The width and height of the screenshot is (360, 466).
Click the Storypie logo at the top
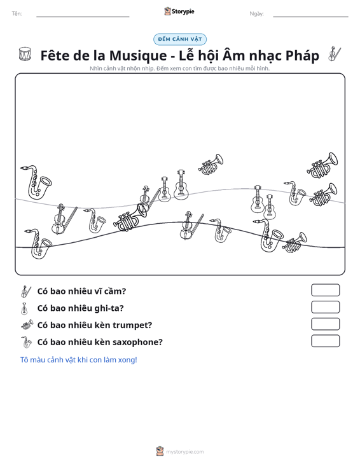[179, 11]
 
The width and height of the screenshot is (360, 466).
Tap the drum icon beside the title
[25, 54]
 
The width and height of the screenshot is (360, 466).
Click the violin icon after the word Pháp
[335, 53]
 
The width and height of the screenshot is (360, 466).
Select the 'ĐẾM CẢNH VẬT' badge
[180, 39]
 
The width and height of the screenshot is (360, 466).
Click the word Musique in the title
[138, 55]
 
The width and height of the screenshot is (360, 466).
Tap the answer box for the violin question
[325, 290]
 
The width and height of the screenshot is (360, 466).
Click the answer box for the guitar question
[325, 307]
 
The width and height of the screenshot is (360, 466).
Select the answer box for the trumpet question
[325, 324]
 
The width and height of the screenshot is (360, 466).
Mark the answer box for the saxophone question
[325, 341]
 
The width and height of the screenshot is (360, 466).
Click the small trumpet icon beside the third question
[27, 324]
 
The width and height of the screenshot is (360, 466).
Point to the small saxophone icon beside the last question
[26, 342]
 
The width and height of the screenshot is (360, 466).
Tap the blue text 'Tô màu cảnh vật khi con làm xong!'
[78, 360]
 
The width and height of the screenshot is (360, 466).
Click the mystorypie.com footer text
[185, 452]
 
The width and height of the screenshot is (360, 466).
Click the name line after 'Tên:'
[83, 17]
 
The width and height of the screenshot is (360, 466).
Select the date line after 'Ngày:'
[310, 17]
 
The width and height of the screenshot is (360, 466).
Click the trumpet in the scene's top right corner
[322, 165]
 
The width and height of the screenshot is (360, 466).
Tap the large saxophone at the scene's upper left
[36, 182]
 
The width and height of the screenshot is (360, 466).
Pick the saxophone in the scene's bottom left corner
[38, 243]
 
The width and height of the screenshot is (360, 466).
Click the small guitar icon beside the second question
[24, 308]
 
